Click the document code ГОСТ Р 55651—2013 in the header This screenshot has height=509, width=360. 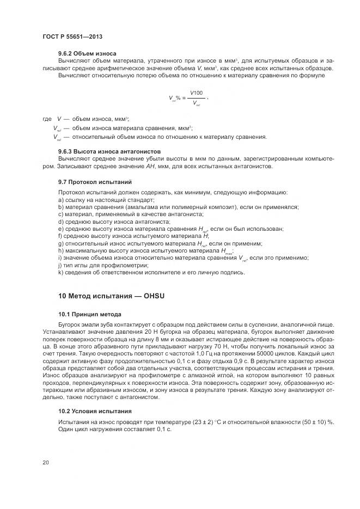pyautogui.click(x=72, y=36)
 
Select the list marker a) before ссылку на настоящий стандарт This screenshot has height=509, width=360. pyautogui.click(x=60, y=200)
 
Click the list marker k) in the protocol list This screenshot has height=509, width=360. pyautogui.click(x=60, y=272)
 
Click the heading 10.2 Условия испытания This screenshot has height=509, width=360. pyautogui.click(x=94, y=411)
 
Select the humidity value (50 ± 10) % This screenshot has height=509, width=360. pyautogui.click(x=318, y=422)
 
